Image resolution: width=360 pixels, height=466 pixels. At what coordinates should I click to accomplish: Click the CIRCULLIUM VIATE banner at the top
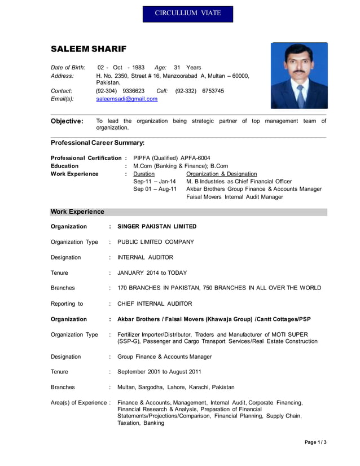coord(187,13)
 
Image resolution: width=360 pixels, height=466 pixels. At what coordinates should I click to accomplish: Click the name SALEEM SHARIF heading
coord(89,49)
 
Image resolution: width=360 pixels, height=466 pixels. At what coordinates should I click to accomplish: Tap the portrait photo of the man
coord(298,76)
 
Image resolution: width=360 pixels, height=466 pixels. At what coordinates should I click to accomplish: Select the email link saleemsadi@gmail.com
coord(127,99)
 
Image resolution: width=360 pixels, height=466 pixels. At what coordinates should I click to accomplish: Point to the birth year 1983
coord(138,67)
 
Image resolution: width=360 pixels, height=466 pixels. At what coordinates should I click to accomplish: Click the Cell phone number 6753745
coord(213,90)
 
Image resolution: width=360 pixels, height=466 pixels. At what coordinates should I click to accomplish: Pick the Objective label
coord(67,121)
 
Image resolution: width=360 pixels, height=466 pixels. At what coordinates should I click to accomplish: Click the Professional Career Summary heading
coord(98,143)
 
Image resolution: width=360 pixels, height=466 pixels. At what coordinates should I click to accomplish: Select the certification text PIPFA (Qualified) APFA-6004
coord(172,157)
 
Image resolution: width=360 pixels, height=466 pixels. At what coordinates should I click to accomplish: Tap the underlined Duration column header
coord(143,174)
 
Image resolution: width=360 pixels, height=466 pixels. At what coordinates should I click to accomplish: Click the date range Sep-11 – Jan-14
coord(154,182)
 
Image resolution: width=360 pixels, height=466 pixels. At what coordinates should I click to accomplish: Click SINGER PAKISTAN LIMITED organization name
coord(157,226)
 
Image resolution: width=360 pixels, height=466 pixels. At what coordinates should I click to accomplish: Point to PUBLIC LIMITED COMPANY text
coord(156,241)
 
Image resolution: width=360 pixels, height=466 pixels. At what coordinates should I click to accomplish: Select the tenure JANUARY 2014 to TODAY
coord(152,272)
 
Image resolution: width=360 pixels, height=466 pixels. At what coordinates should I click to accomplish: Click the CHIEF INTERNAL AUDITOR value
coord(155,304)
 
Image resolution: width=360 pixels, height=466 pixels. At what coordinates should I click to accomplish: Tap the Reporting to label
coord(67,304)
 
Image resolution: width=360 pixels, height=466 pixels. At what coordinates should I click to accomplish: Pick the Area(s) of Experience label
coord(80,402)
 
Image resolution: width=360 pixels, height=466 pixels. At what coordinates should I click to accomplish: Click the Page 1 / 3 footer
coord(315,442)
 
